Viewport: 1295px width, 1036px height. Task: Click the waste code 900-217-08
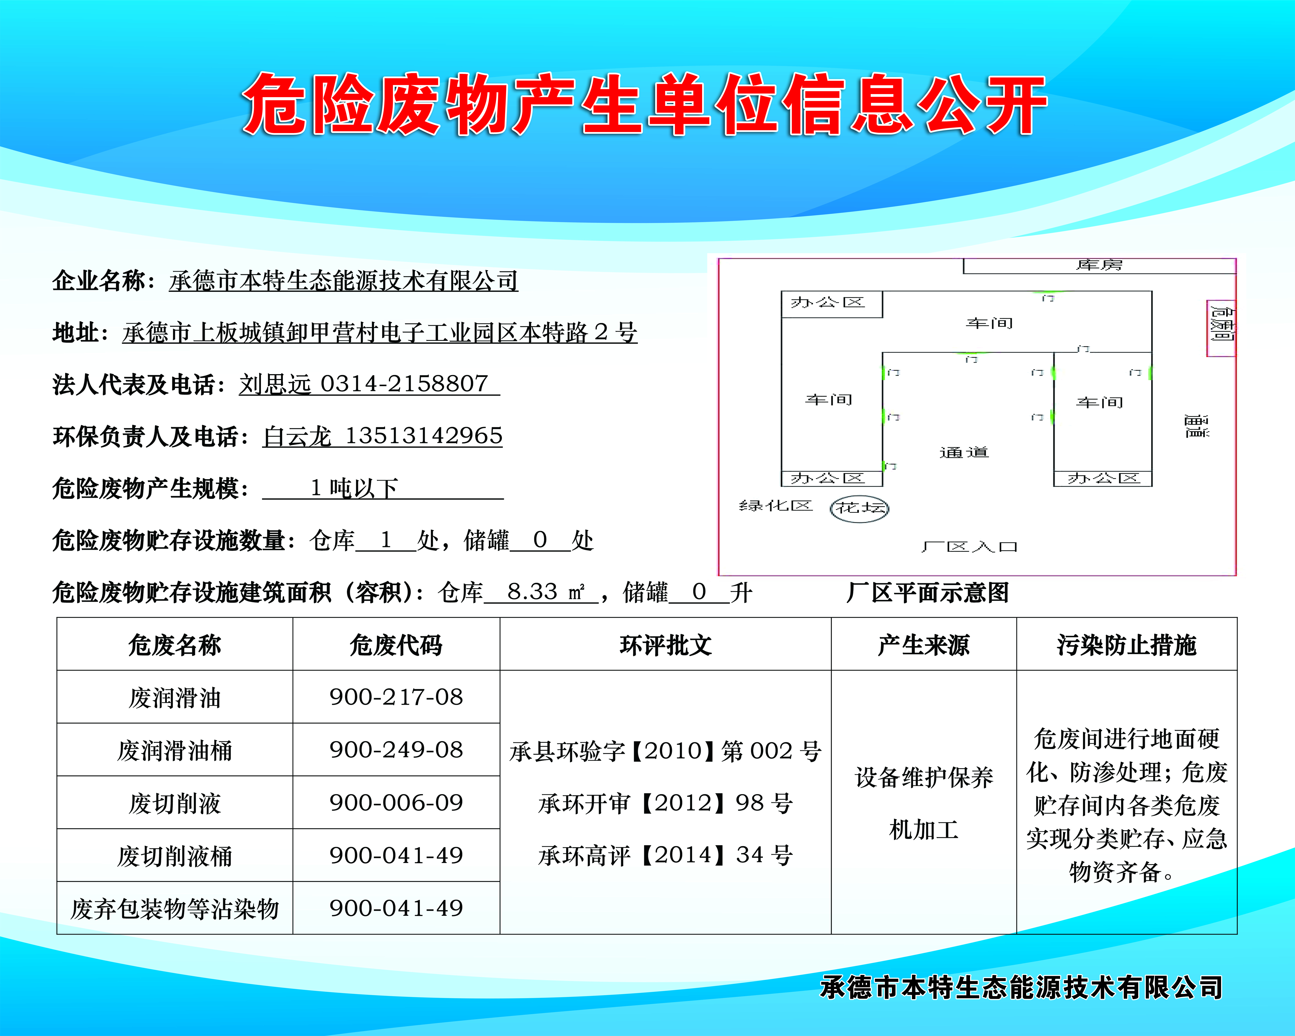pyautogui.click(x=396, y=697)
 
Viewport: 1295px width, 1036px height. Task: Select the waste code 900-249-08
pyautogui.click(x=396, y=750)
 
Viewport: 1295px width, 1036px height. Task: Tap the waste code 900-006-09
pyautogui.click(x=396, y=803)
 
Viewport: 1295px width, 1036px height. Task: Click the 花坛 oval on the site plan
pyautogui.click(x=860, y=508)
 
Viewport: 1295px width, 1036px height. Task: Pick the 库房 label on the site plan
pyautogui.click(x=1099, y=265)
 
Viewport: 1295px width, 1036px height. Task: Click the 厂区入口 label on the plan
pyautogui.click(x=969, y=547)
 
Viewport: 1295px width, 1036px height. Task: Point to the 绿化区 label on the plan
pyautogui.click(x=775, y=506)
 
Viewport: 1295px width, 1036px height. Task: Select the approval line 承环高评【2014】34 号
pyautogui.click(x=665, y=855)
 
